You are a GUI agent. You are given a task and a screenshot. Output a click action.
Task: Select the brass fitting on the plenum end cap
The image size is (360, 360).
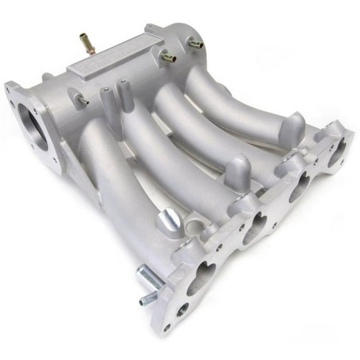pyautogui.click(x=196, y=44)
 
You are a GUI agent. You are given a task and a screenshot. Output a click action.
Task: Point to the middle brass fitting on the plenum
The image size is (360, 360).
pyautogui.click(x=167, y=57)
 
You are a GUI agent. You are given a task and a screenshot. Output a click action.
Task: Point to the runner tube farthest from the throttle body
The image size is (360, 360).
pyautogui.click(x=244, y=106)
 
